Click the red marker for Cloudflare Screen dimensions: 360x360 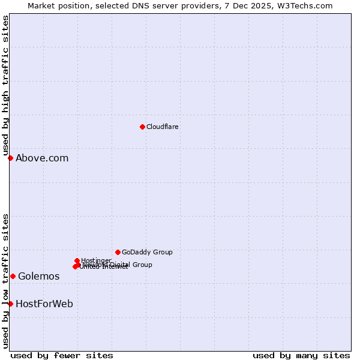click(x=142, y=127)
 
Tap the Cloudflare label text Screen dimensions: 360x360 click(x=163, y=127)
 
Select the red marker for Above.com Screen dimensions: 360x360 click(x=10, y=158)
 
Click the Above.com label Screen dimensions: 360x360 click(x=42, y=158)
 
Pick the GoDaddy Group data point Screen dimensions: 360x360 click(x=118, y=252)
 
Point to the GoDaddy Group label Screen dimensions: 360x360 click(x=147, y=252)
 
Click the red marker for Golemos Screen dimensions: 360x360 click(x=13, y=276)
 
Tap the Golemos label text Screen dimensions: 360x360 click(x=39, y=277)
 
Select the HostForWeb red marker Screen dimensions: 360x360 click(x=10, y=304)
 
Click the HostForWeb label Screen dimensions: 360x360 click(x=44, y=304)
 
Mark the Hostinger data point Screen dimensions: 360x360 click(x=77, y=260)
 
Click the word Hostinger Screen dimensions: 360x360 click(x=97, y=260)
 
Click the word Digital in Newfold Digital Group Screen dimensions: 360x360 click(x=121, y=265)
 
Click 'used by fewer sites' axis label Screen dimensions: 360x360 click(x=62, y=356)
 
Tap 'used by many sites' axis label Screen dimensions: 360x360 click(x=301, y=356)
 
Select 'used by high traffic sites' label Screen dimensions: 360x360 click(x=5, y=86)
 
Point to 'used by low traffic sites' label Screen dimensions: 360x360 click(x=5, y=280)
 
